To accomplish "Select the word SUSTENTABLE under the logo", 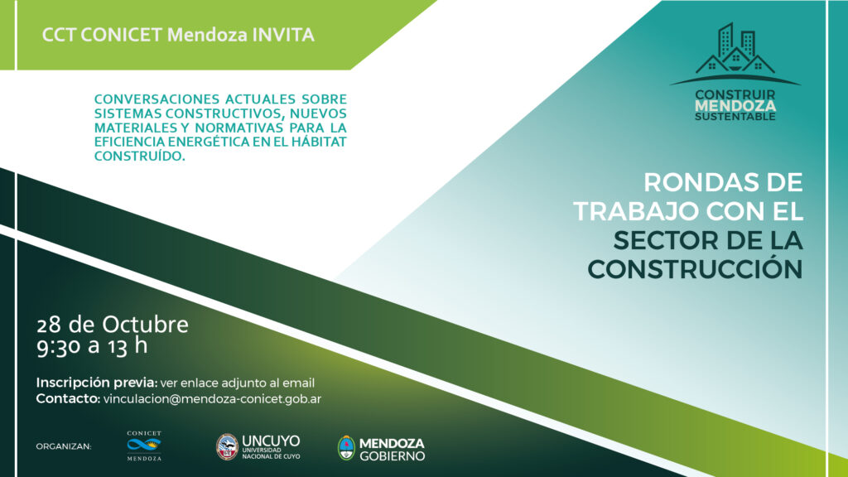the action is point(735,117).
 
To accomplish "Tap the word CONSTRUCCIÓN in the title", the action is point(695,269).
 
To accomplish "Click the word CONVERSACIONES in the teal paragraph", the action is point(157,99).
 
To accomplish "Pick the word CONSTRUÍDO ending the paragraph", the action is point(139,157).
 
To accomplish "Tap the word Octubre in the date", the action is point(146,325).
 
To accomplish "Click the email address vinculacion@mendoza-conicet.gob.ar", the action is point(212,399).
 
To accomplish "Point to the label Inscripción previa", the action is point(97,383).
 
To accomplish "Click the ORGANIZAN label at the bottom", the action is point(64,446).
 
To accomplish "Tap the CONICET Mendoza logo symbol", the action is point(144,445).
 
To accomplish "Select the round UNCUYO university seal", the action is point(227,446).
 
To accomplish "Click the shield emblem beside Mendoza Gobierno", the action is point(346,448).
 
